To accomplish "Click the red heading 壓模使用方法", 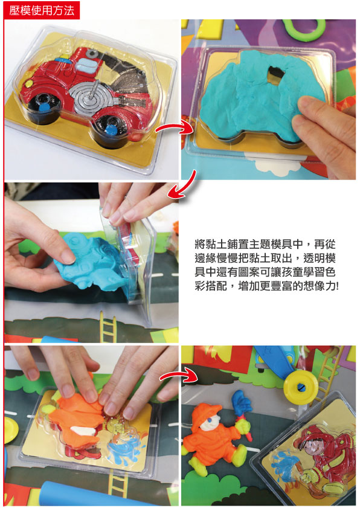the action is (x=42, y=10).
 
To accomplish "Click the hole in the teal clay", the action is (x=275, y=74).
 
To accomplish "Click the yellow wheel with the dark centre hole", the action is (x=301, y=387).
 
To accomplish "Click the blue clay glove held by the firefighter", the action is (x=242, y=402).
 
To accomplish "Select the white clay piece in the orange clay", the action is (x=83, y=430).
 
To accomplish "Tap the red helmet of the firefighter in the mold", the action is (x=312, y=436).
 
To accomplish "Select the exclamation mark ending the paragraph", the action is (x=337, y=286).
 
